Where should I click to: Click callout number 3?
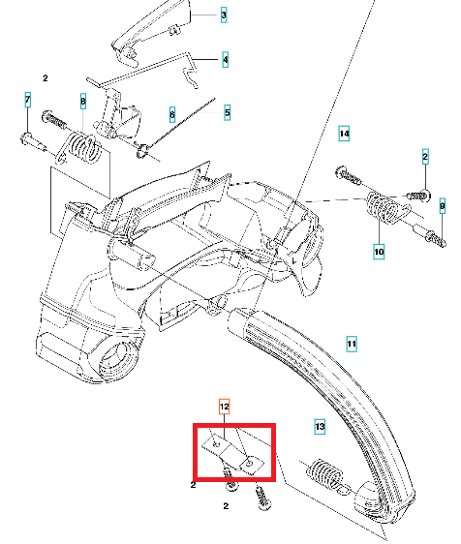click(224, 15)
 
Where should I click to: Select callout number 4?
click(226, 60)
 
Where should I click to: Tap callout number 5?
click(227, 112)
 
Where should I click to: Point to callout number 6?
click(172, 114)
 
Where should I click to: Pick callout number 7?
click(28, 100)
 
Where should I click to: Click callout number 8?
click(83, 102)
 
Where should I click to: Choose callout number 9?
click(443, 206)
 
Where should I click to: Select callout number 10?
click(379, 252)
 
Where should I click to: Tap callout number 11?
click(352, 344)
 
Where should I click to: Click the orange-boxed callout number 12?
click(225, 407)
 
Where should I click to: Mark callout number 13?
click(320, 426)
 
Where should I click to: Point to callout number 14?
click(344, 134)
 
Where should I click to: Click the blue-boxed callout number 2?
click(425, 157)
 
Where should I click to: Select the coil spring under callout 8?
click(82, 148)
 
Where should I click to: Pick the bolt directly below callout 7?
click(33, 142)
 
